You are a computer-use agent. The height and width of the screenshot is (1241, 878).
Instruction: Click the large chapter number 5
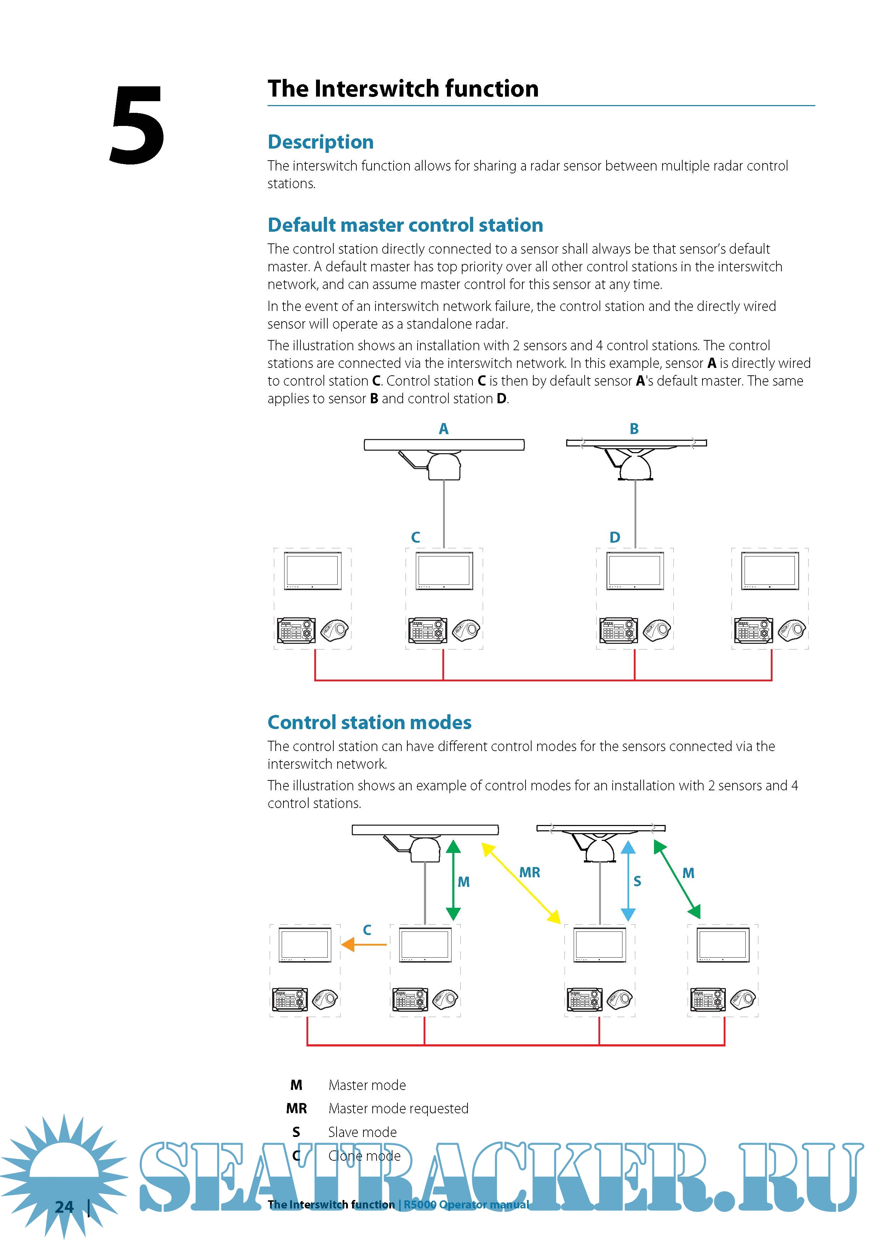coord(137,125)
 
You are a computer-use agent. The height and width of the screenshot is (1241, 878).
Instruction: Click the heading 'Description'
coord(321,142)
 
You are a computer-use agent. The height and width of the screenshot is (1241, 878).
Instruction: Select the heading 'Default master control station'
coord(405,225)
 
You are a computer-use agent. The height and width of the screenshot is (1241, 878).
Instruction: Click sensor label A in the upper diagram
coord(443,429)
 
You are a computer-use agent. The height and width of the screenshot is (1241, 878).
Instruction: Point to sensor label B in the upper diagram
coord(634,429)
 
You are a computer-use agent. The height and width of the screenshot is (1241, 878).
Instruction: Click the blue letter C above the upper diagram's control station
coord(415,537)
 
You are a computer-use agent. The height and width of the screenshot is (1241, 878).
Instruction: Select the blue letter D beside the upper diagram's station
coord(615,537)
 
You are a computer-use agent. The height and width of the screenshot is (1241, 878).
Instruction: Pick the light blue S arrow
coord(628,881)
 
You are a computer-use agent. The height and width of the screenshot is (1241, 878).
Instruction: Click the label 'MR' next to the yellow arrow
coord(529,872)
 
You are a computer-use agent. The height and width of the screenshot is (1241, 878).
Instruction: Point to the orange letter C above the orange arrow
coord(367,930)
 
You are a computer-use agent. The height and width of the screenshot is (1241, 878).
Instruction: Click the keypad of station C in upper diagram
coord(427,630)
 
